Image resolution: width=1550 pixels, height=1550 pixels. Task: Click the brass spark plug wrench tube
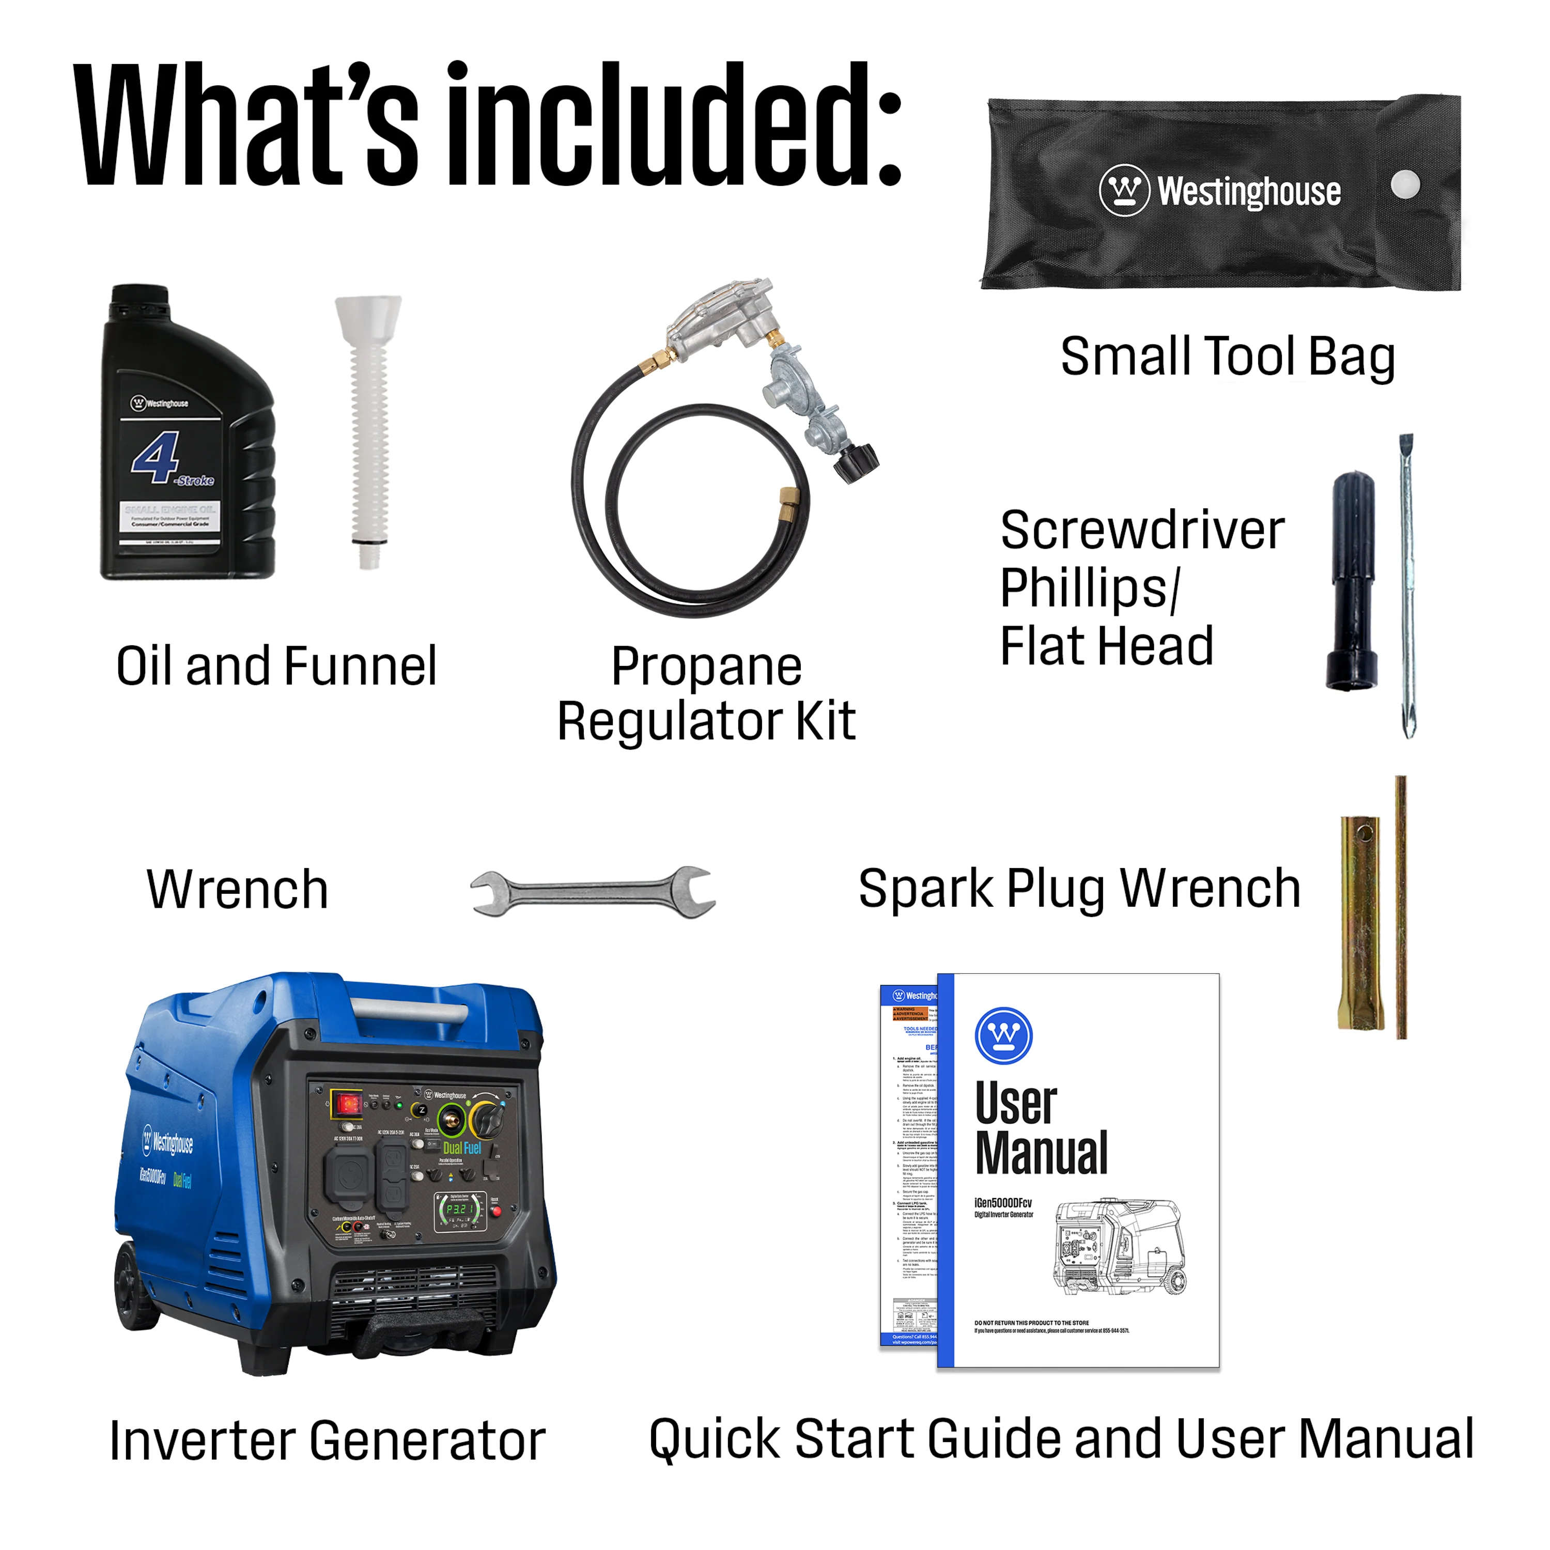point(1360,923)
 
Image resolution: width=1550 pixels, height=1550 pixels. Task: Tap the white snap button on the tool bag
point(1405,184)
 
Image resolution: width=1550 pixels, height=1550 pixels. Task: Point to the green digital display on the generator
point(460,1209)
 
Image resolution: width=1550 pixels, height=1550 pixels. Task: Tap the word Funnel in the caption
point(360,666)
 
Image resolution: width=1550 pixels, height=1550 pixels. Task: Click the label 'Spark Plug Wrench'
point(1079,889)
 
